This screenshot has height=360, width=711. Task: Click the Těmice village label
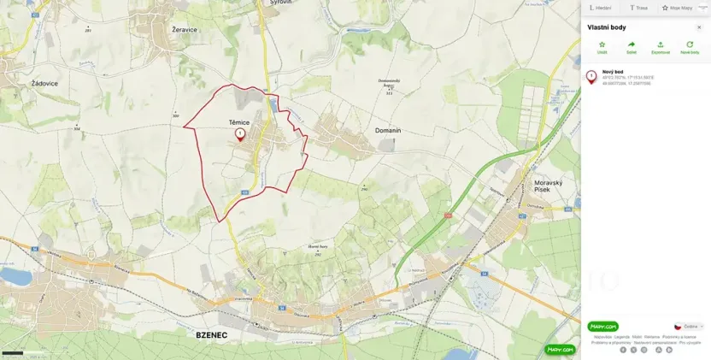239,122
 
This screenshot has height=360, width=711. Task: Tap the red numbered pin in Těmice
240,133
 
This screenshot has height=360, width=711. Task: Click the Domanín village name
388,130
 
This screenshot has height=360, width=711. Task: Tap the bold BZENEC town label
211,335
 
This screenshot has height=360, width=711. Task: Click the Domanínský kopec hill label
390,83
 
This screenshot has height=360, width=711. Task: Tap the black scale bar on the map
12,352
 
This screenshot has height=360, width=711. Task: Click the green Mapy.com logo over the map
561,349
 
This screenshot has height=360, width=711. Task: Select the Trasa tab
638,8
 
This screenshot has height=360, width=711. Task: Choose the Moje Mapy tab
677,8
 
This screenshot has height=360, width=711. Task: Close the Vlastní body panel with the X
699,27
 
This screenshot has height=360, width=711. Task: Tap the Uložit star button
602,47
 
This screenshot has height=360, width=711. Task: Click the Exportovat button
661,47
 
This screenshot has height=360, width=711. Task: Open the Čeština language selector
689,326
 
